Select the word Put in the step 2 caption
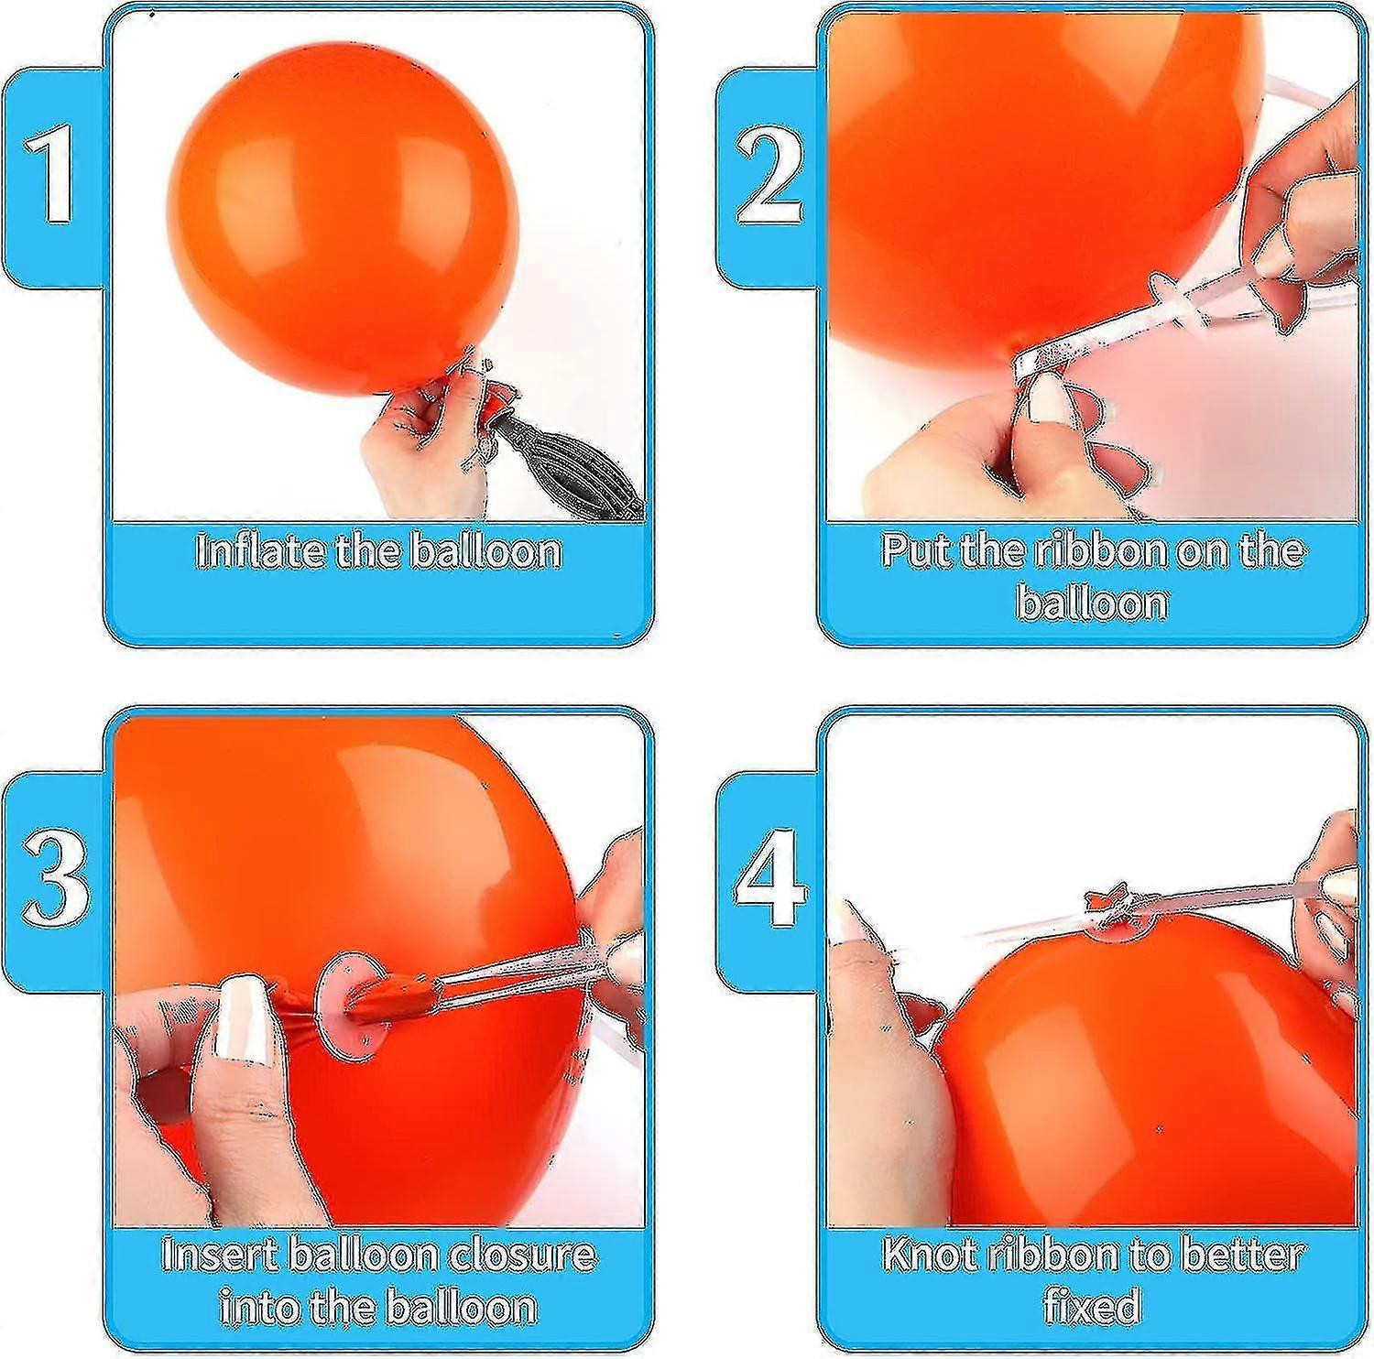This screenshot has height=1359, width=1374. pyautogui.click(x=916, y=550)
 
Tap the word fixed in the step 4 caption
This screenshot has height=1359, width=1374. pyautogui.click(x=1091, y=1306)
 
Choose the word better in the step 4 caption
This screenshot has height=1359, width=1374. pyautogui.click(x=1241, y=1254)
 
